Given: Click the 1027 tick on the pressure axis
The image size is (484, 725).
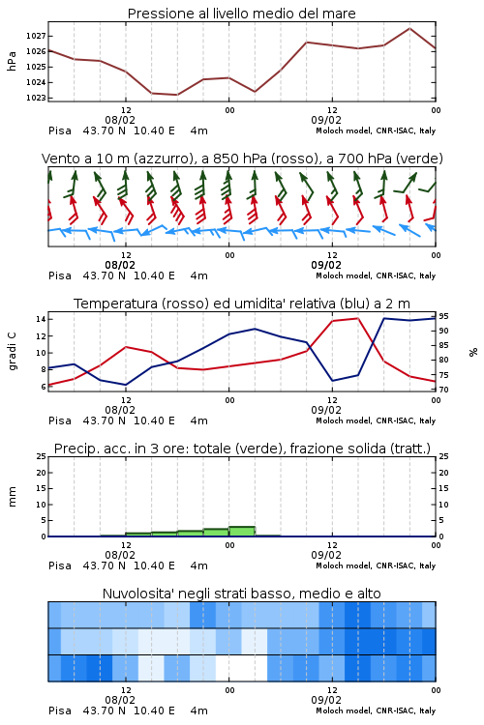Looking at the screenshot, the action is tap(35, 36).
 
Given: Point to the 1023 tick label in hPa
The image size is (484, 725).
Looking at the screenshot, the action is tap(35, 98).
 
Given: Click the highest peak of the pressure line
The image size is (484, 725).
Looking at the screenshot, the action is tap(409, 28).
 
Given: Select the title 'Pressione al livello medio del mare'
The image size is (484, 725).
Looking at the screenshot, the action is tap(242, 14).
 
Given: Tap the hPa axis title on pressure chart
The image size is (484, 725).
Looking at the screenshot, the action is tap(12, 61).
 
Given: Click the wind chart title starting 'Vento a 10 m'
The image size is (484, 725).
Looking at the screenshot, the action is tap(242, 159).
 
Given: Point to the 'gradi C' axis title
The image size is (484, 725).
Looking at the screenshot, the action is tap(12, 352).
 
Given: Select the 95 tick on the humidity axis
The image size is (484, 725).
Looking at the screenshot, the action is tap(443, 316).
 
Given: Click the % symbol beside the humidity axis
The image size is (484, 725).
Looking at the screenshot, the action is tap(473, 352).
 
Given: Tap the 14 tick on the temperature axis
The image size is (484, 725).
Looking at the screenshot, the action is tap(41, 319).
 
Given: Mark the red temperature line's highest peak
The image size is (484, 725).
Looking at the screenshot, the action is tap(357, 319).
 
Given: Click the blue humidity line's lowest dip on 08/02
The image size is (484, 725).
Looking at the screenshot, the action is tap(126, 385).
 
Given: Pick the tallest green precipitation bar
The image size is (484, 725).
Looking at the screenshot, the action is tap(242, 532).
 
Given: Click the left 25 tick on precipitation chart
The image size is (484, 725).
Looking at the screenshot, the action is tap(41, 456).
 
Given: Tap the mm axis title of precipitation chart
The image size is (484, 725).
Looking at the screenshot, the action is tap(12, 497).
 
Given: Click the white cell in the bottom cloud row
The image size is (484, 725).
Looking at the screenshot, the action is tap(242, 668).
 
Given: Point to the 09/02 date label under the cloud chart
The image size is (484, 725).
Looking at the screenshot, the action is tap(326, 700).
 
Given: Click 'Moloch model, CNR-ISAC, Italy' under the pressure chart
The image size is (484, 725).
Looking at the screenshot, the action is tap(376, 130).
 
